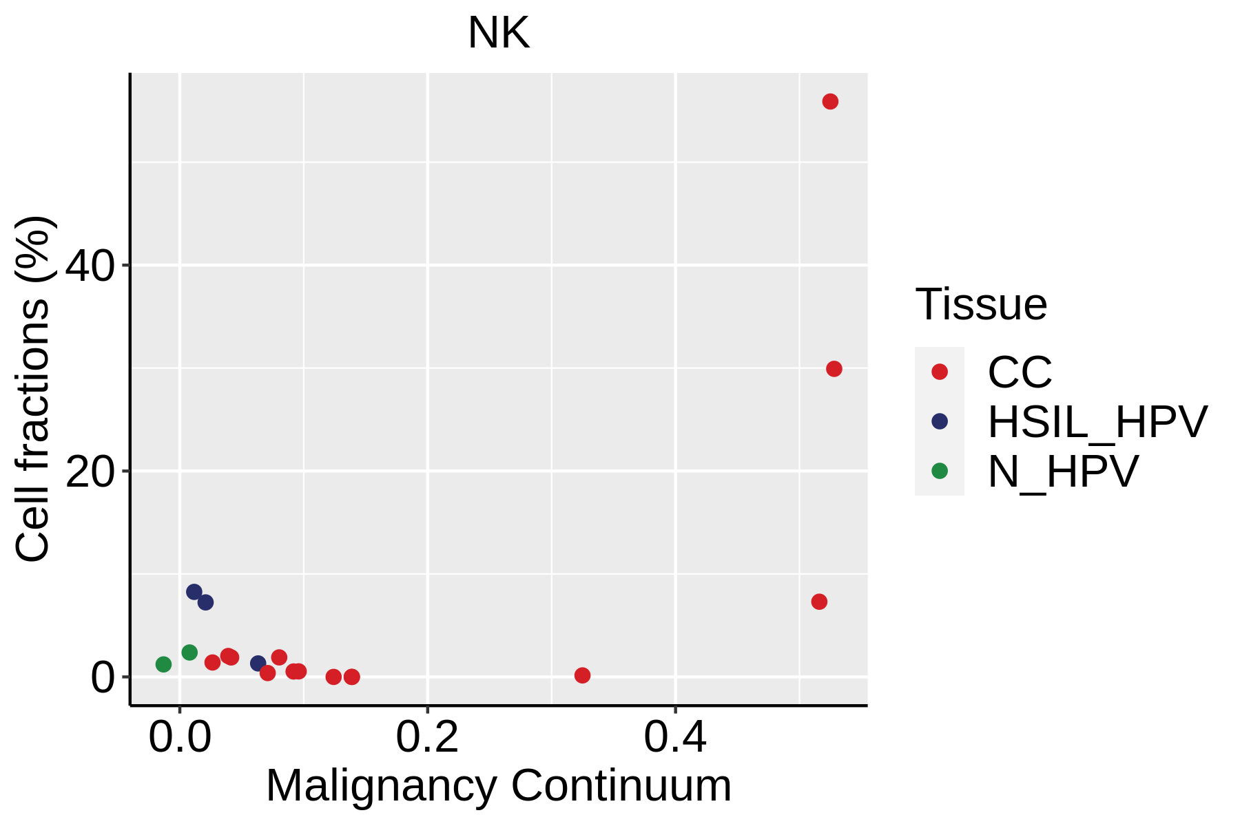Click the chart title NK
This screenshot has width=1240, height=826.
click(x=498, y=33)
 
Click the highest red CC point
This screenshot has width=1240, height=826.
click(x=830, y=102)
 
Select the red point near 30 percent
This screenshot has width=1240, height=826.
click(x=834, y=369)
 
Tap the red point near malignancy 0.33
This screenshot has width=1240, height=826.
click(x=582, y=675)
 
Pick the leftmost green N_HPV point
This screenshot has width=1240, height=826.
click(x=163, y=664)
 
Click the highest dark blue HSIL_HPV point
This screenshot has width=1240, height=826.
click(x=194, y=592)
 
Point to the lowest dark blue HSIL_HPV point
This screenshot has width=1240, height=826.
click(x=258, y=664)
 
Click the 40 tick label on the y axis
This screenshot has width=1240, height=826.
click(x=90, y=266)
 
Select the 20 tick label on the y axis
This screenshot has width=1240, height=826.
click(x=90, y=472)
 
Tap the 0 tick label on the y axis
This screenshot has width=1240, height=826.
click(x=103, y=677)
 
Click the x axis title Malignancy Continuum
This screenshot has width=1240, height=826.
click(x=498, y=785)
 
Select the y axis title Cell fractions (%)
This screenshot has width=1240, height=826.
click(x=33, y=389)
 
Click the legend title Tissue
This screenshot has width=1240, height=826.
click(x=981, y=304)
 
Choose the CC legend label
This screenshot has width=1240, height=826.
click(x=1020, y=372)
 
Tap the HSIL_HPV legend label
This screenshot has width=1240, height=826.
click(x=1097, y=422)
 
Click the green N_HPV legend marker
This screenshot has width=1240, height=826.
click(x=940, y=472)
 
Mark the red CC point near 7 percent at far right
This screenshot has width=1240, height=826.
click(x=819, y=602)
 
